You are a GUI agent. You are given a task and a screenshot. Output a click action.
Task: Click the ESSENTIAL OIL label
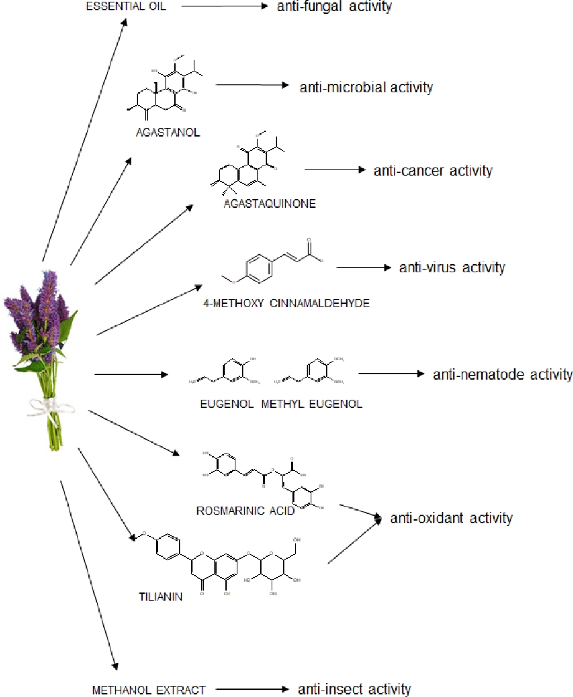pyautogui.click(x=126, y=8)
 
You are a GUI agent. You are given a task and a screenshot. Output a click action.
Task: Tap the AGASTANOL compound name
pyautogui.click(x=168, y=132)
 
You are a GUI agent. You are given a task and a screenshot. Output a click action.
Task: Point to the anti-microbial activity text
pyautogui.click(x=366, y=87)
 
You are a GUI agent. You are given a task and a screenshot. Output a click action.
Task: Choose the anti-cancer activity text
pyautogui.click(x=433, y=170)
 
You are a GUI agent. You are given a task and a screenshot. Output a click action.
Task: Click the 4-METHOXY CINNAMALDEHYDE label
pyautogui.click(x=286, y=304)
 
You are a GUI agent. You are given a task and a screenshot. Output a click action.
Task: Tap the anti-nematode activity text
pyautogui.click(x=502, y=375)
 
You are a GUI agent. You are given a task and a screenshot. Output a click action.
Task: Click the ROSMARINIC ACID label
pyautogui.click(x=245, y=511)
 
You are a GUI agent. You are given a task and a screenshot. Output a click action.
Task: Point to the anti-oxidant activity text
pyautogui.click(x=451, y=517)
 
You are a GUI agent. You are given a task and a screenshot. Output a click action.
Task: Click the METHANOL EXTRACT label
pyautogui.click(x=148, y=690)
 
